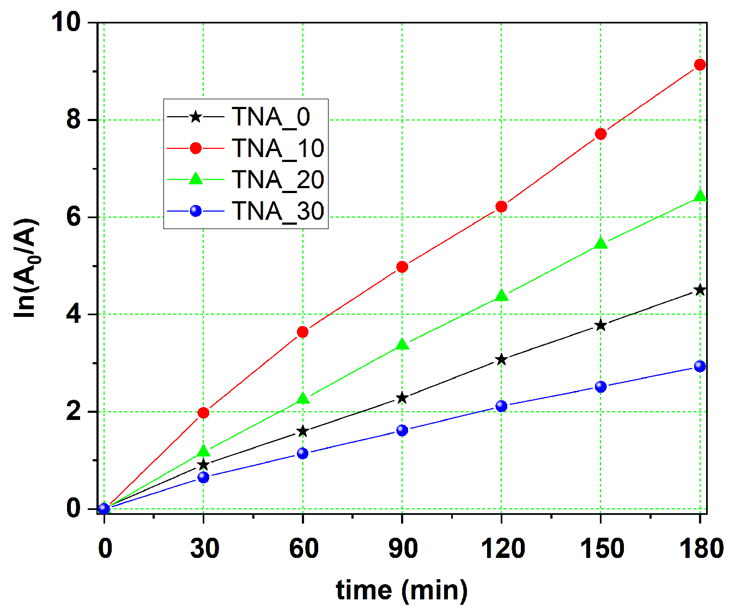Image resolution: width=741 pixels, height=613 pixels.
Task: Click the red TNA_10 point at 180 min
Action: click(700, 65)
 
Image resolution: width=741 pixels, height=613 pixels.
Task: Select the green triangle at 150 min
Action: click(600, 244)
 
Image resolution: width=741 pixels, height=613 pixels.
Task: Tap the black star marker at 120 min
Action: click(501, 359)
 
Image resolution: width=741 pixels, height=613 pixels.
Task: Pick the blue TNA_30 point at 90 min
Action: click(402, 430)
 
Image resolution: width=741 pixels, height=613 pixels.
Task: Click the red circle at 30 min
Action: click(203, 413)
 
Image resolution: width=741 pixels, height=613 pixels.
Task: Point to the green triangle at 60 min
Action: click(303, 399)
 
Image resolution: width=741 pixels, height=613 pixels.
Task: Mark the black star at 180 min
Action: click(700, 290)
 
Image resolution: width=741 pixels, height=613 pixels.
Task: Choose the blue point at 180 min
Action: click(700, 366)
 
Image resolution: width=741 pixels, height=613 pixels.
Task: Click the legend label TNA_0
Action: click(271, 117)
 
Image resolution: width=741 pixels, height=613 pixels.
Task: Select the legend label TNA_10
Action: click(278, 148)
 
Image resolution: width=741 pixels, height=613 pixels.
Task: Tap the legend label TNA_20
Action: click(278, 180)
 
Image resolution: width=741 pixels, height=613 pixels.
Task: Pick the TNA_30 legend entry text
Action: click(278, 212)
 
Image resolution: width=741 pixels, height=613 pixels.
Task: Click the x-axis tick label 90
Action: click(402, 548)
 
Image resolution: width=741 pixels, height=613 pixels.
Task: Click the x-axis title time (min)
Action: click(402, 591)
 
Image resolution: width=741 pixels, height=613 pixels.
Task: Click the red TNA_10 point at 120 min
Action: click(501, 207)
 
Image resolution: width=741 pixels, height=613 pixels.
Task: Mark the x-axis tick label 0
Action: click(105, 548)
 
